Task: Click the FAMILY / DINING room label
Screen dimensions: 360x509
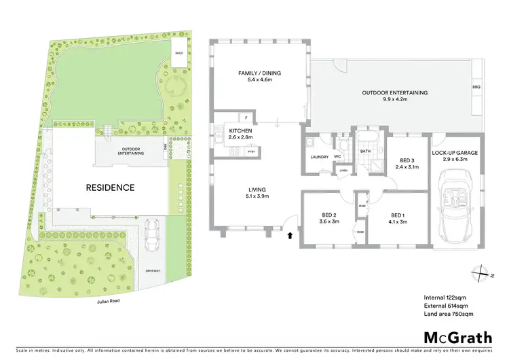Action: [x=259, y=73]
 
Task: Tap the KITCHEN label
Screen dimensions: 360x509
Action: [x=240, y=130]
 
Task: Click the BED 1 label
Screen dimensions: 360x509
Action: [x=396, y=215]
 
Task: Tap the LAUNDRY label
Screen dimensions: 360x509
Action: [x=319, y=157]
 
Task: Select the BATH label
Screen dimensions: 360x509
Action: [x=364, y=151]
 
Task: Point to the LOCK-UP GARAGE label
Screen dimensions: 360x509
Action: [x=455, y=153]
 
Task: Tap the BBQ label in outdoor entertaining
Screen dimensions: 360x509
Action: [x=475, y=87]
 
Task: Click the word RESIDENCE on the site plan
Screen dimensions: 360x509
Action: [x=109, y=187]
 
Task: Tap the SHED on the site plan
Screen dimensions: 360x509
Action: [x=178, y=52]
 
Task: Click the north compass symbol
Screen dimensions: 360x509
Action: [x=482, y=272]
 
